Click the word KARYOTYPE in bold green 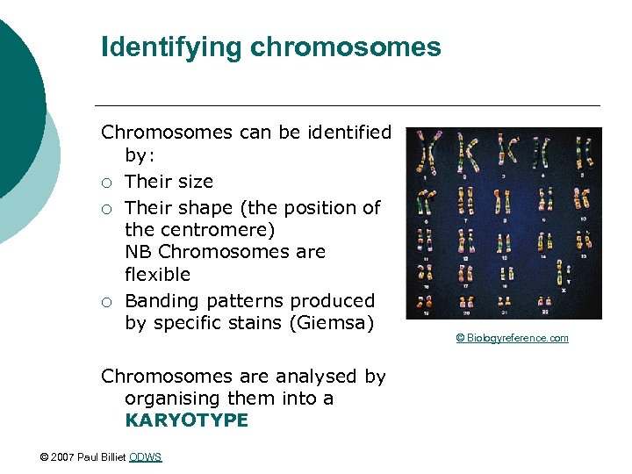tap(186, 420)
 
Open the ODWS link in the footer tap(145, 457)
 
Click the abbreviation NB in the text tap(139, 252)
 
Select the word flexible tap(157, 274)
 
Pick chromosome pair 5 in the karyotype tap(582, 154)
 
